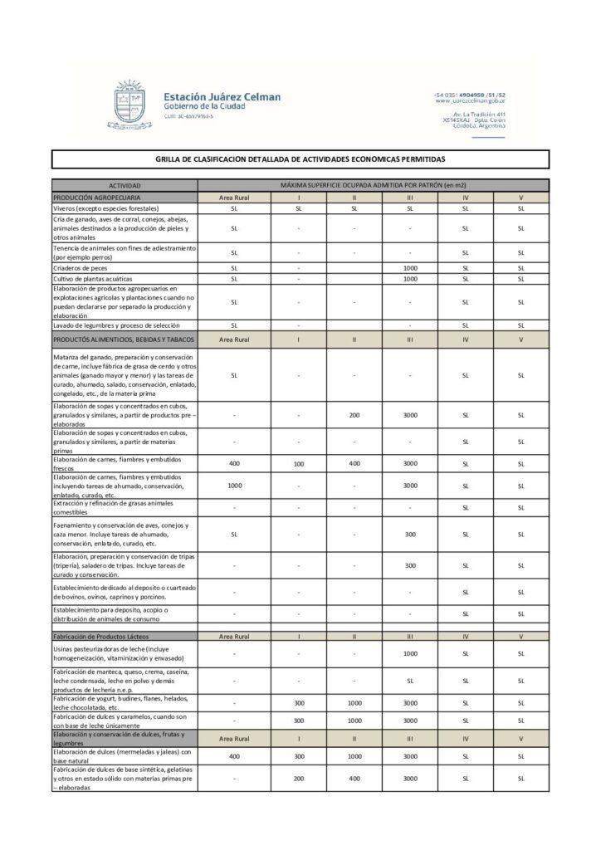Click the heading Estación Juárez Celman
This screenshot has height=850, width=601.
pyautogui.click(x=222, y=97)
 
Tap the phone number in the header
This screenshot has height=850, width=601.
pyautogui.click(x=469, y=95)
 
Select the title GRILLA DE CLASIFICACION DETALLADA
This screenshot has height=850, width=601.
pyautogui.click(x=300, y=159)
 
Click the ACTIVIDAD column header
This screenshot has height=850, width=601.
pyautogui.click(x=125, y=186)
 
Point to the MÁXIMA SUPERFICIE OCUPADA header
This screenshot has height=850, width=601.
pyautogui.click(x=373, y=185)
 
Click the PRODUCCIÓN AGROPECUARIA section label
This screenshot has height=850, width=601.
pyautogui.click(x=97, y=198)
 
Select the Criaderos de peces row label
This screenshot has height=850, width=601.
pyautogui.click(x=82, y=268)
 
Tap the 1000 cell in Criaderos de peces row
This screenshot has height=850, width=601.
pyautogui.click(x=409, y=268)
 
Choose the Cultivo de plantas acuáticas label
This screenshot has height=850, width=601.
pyautogui.click(x=93, y=279)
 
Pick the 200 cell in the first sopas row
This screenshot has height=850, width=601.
pyautogui.click(x=354, y=414)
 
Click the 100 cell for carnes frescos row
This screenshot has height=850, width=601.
pyautogui.click(x=299, y=464)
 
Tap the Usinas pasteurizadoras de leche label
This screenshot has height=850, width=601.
pyautogui.click(x=111, y=653)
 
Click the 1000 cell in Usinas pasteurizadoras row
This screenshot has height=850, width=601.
pyautogui.click(x=409, y=653)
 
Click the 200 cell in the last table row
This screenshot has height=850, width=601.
pyautogui.click(x=299, y=779)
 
